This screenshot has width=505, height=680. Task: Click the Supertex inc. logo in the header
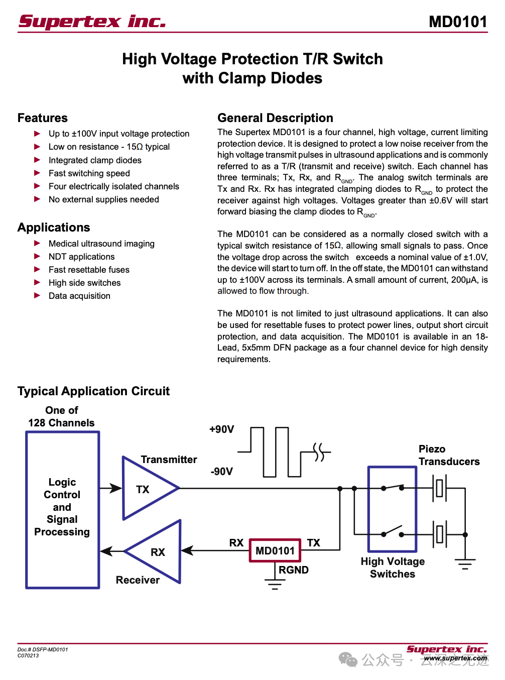[x=92, y=22]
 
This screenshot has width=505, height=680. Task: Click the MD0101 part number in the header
[x=458, y=22]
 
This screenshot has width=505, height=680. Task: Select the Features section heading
[x=43, y=118]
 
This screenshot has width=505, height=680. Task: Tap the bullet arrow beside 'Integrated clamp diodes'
[x=37, y=160]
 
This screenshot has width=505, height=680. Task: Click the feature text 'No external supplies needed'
[x=103, y=199]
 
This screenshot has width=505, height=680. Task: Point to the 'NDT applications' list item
[x=81, y=257]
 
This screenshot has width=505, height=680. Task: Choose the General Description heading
[x=275, y=118]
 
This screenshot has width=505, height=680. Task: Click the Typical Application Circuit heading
[x=93, y=391]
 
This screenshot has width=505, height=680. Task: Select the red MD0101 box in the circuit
[x=275, y=550]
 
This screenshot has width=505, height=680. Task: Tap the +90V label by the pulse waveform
[x=221, y=429]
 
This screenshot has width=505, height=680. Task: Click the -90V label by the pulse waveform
[x=221, y=471]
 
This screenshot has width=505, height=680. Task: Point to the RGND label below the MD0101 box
[x=293, y=570]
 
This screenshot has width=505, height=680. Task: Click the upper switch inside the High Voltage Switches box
[x=393, y=487]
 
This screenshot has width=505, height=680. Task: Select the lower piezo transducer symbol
[x=439, y=534]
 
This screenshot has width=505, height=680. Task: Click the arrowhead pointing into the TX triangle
[x=116, y=488]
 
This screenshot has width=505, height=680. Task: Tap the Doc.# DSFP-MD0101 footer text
[x=43, y=649]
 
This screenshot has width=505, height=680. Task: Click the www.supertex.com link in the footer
[x=455, y=658]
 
